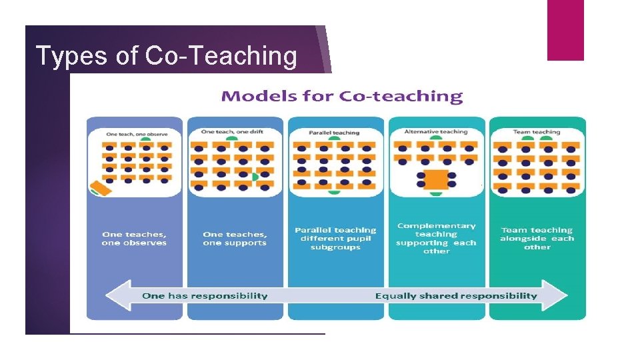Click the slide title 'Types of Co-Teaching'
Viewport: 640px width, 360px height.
tap(166, 57)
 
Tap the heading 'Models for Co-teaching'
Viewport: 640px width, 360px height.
tap(341, 97)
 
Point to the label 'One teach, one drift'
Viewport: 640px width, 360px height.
tap(232, 131)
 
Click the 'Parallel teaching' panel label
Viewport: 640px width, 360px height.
tap(334, 133)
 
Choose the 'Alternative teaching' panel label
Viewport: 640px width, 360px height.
tap(436, 131)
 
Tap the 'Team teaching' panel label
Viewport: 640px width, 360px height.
tap(537, 132)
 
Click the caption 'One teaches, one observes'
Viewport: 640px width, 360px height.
tap(134, 239)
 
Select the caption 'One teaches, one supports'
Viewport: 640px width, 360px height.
tap(235, 239)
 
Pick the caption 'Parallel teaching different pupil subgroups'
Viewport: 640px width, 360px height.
tap(335, 239)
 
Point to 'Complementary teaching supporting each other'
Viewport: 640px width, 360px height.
tap(436, 239)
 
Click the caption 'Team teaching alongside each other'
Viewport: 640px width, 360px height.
tap(537, 239)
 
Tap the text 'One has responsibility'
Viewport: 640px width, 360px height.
tap(205, 295)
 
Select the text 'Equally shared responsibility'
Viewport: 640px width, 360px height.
tap(456, 295)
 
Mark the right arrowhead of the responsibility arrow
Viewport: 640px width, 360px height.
tap(557, 295)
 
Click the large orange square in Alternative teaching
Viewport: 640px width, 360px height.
tap(436, 179)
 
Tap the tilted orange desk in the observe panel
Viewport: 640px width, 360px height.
tap(101, 187)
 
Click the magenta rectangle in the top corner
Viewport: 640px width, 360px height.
tap(565, 30)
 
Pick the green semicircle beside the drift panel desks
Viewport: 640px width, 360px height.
tap(255, 177)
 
